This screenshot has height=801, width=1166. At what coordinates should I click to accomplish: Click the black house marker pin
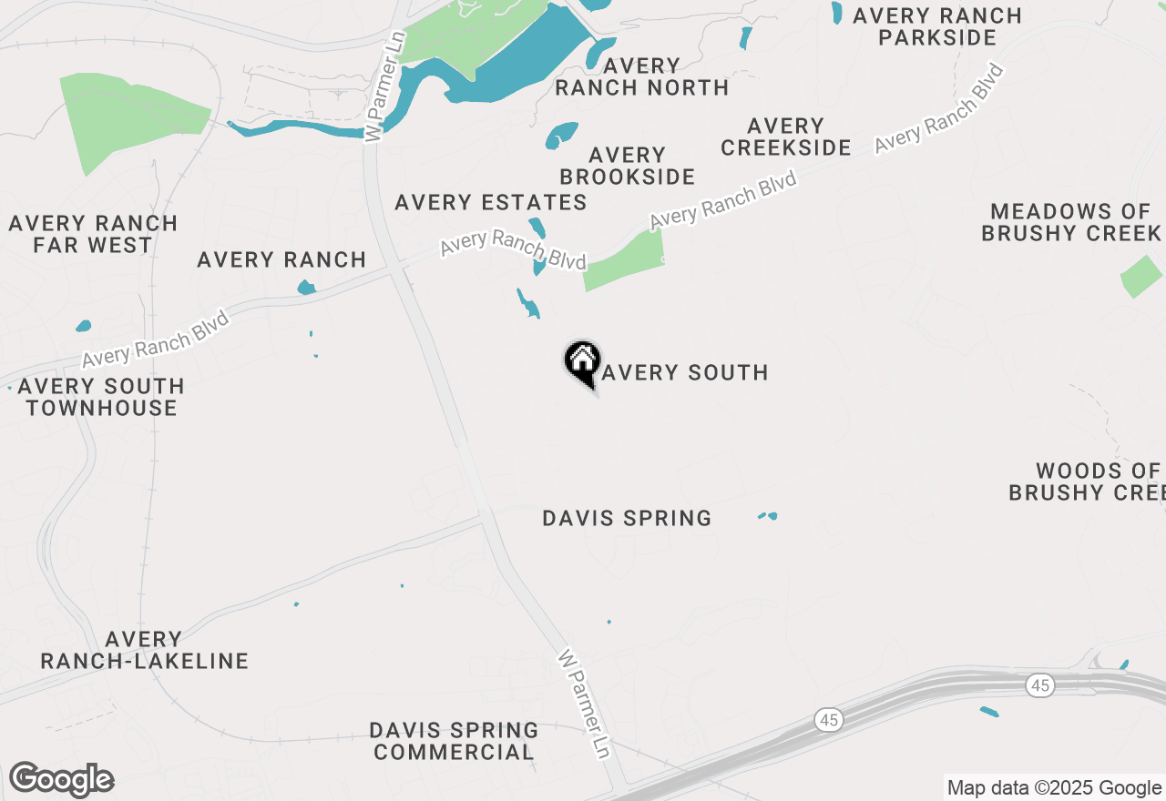582,362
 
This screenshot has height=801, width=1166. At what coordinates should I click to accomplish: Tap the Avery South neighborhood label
684,372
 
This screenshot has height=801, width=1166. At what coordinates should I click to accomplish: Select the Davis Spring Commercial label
454,741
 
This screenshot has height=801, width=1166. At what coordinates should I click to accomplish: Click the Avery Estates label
491,202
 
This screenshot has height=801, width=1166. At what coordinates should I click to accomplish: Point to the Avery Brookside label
627,166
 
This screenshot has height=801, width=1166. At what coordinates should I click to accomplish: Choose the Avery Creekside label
785,137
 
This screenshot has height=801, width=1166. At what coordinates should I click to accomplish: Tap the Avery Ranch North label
641,76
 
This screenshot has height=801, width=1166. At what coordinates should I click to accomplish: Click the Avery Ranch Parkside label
937,26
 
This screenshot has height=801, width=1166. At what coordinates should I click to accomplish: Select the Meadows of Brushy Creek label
1070,222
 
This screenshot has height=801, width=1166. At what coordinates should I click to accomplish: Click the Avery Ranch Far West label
93,234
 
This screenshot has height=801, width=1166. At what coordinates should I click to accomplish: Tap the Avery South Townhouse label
101,397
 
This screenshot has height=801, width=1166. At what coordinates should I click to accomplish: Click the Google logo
61,780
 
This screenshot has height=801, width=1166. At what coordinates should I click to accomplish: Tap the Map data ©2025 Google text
1054,788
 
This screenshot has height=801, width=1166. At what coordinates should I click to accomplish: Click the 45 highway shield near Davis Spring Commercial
828,720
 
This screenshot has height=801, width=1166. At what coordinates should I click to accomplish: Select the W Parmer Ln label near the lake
384,100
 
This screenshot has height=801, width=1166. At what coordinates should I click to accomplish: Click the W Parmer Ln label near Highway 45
584,704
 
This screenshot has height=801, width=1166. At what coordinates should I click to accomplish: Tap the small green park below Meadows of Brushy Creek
1142,277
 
